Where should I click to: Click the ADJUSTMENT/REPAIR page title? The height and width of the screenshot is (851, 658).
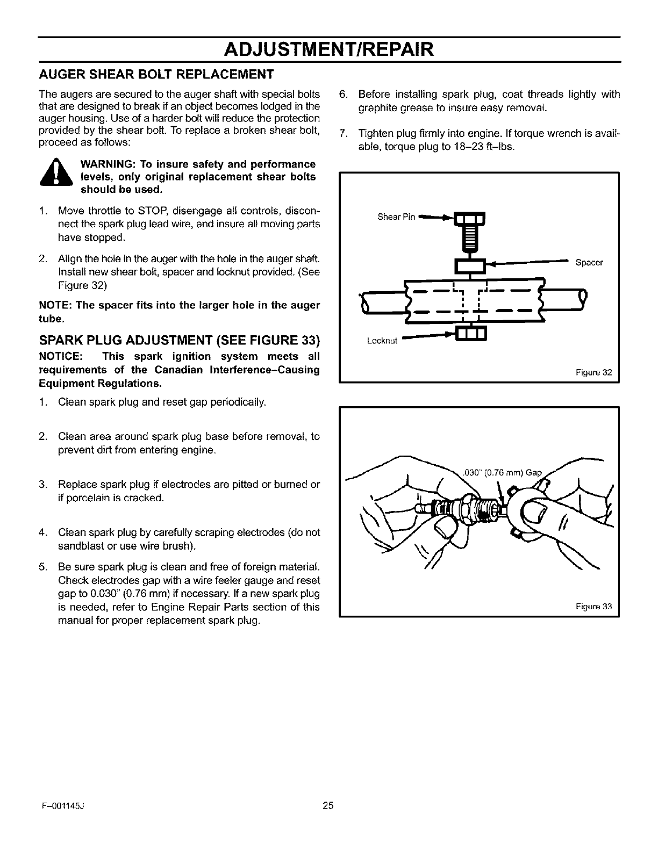click(x=329, y=49)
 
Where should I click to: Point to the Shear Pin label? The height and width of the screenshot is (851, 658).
click(x=396, y=217)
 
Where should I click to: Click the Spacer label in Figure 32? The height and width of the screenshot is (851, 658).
click(x=589, y=263)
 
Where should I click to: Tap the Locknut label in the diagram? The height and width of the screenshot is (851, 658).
click(x=382, y=341)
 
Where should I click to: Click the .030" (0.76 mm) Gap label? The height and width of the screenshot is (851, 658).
click(x=502, y=473)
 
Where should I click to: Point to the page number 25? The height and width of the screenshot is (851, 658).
click(x=328, y=805)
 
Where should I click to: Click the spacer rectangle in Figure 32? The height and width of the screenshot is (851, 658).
click(x=470, y=265)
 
